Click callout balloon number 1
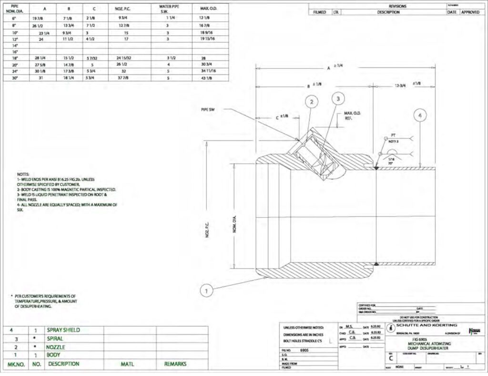pos(206,290)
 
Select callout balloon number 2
pos(311,102)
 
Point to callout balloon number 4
pos(420,115)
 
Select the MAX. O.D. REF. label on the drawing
pos(352,115)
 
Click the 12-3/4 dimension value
pos(400,85)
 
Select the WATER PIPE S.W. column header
pos(168,9)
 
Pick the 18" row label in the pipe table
pos(14,57)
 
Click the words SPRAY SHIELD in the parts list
pos(63,330)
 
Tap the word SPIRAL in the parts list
pos(56,338)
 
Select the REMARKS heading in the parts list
pos(175,364)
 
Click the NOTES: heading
pos(23,174)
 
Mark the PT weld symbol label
pos(393,136)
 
